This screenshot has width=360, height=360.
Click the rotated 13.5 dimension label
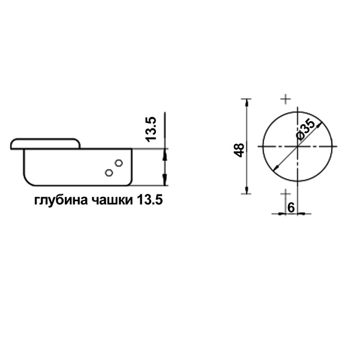tap(151, 129)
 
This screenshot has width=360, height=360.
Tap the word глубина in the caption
tap(61, 201)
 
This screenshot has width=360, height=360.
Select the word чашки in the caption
tap(112, 200)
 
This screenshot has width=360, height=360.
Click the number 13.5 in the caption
tap(149, 200)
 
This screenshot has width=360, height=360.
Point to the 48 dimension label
tap(239, 151)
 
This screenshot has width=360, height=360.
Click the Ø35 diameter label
tap(306, 130)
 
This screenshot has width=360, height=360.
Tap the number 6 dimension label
tap(291, 208)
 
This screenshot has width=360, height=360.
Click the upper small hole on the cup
tap(119, 163)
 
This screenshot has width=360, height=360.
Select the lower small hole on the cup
tap(109, 172)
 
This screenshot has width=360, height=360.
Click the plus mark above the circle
tap(286, 99)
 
